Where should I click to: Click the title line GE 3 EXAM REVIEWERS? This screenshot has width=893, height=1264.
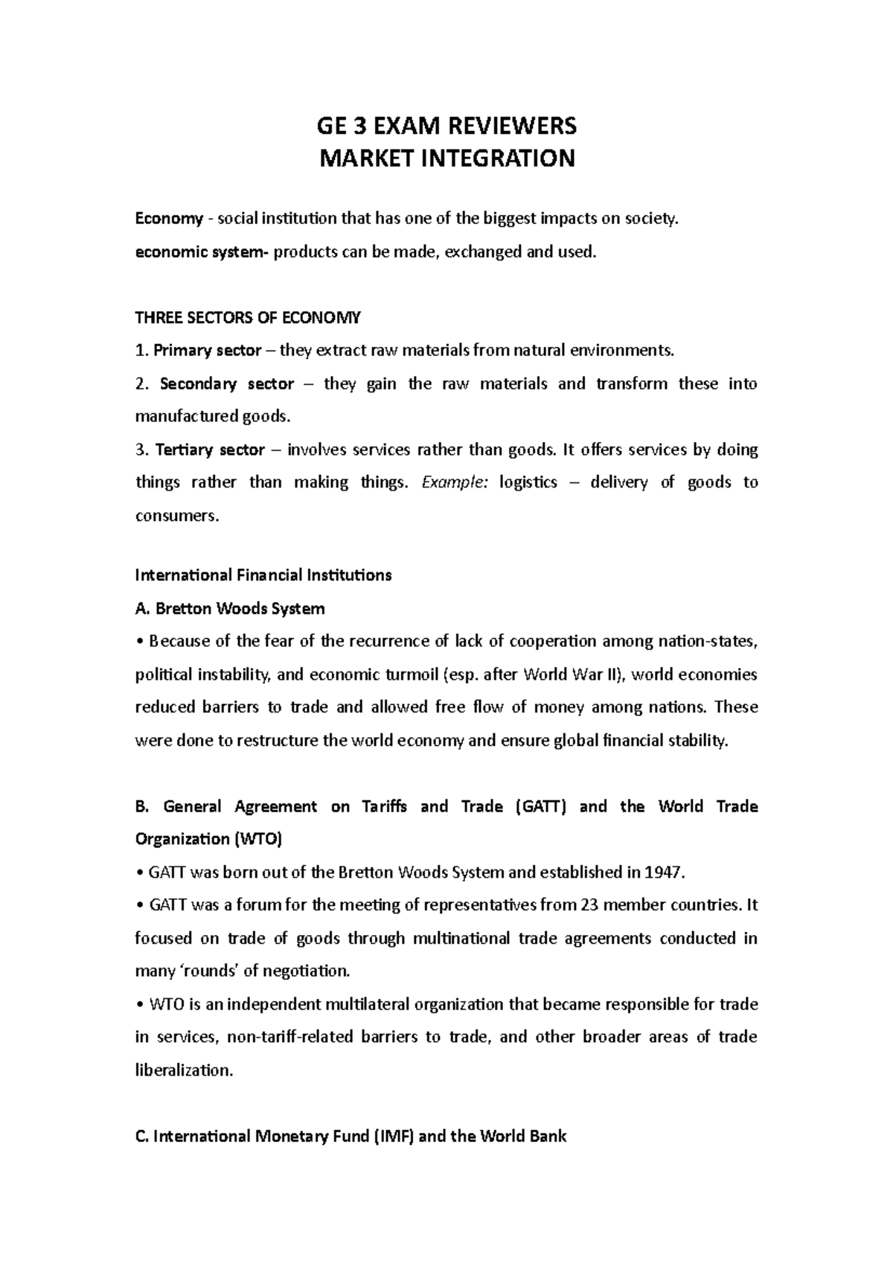[x=446, y=126]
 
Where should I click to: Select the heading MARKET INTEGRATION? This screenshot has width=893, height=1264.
[x=446, y=159]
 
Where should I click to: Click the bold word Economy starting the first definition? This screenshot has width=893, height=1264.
[x=168, y=219]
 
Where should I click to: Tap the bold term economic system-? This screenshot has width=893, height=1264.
[x=202, y=252]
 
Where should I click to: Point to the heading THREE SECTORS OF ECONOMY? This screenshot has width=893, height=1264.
[x=247, y=318]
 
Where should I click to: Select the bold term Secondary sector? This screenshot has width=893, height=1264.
[x=226, y=384]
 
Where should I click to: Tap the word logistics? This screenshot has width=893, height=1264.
[x=528, y=482]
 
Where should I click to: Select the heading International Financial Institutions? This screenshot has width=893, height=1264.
[x=263, y=575]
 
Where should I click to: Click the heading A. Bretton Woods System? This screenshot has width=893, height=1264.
[x=229, y=609]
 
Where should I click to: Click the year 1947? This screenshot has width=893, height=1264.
[x=664, y=872]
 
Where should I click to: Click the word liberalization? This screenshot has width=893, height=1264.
[x=184, y=1070]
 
